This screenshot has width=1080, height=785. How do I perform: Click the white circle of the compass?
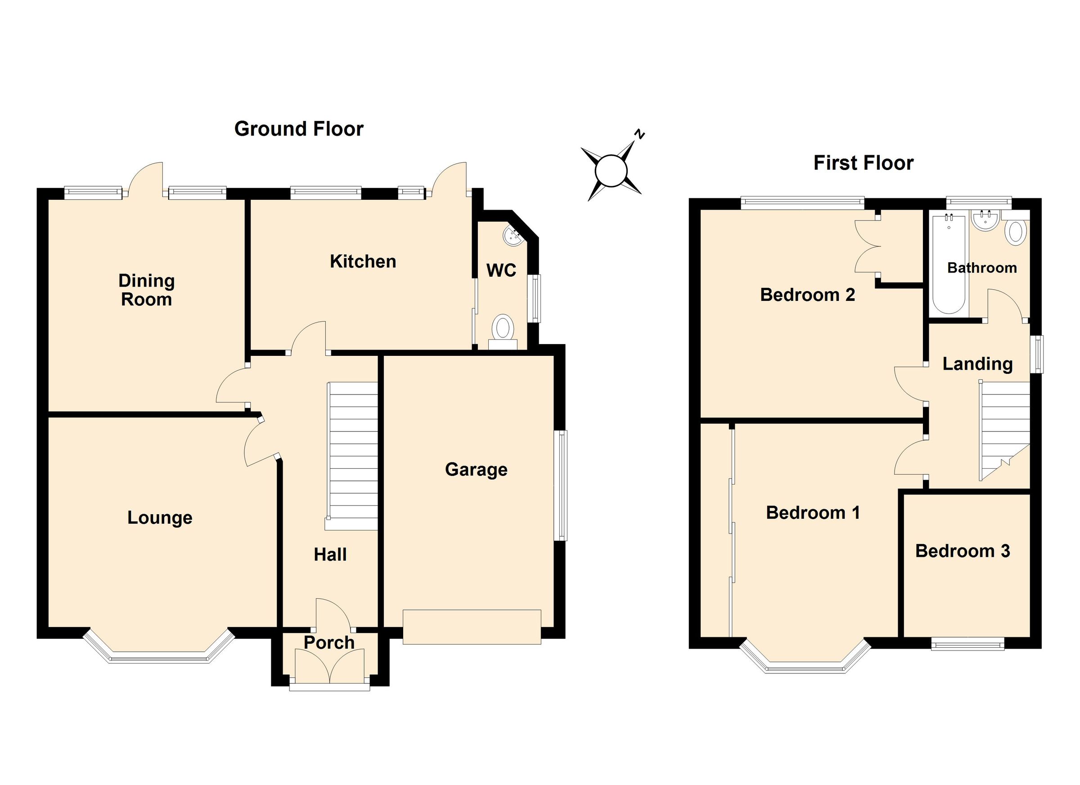point(611,170)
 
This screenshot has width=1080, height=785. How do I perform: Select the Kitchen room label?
point(363,261)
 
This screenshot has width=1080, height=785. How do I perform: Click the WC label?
point(501,270)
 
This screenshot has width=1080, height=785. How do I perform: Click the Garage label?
point(476,469)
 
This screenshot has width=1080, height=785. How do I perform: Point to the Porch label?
point(329,643)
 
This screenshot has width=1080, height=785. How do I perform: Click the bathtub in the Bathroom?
point(949,264)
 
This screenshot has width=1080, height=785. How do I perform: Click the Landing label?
point(977,364)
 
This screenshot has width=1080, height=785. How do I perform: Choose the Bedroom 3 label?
point(963,551)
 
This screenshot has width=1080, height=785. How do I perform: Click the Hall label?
point(330,555)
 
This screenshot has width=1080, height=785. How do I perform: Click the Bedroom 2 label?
point(807,295)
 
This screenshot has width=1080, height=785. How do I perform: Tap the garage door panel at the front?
point(472,627)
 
